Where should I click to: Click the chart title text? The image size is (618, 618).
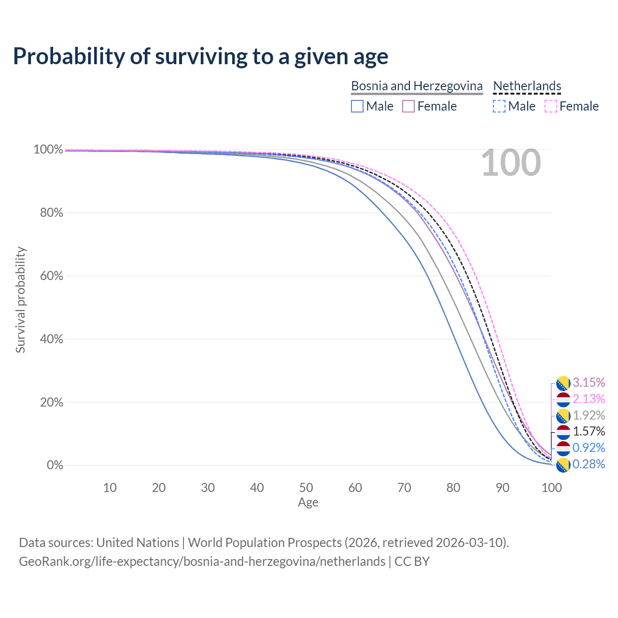click(x=200, y=56)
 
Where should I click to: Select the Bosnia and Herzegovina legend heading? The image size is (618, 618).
click(x=417, y=86)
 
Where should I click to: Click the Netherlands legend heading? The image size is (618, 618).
click(x=527, y=86)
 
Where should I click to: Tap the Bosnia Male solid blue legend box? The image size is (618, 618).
click(x=357, y=106)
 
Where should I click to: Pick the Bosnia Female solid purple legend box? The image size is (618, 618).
click(x=408, y=106)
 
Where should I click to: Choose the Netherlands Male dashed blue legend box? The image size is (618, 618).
click(x=499, y=106)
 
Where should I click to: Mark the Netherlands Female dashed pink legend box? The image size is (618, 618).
click(x=550, y=106)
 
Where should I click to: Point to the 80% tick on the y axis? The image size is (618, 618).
click(x=51, y=213)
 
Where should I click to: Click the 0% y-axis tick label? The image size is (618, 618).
click(x=55, y=465)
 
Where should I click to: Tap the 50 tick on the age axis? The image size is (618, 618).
click(x=306, y=488)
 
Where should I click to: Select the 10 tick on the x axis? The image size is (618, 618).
click(x=110, y=488)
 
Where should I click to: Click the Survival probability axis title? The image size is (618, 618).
click(x=20, y=300)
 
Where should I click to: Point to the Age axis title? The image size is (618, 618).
click(x=308, y=503)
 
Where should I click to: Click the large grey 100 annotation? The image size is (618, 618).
click(x=511, y=163)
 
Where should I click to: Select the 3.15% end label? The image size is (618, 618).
click(x=589, y=382)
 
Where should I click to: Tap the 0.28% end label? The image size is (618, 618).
click(x=589, y=464)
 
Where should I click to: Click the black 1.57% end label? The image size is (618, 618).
click(x=589, y=431)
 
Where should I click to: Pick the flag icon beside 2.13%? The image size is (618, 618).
click(x=563, y=399)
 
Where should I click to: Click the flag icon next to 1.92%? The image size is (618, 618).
click(x=563, y=416)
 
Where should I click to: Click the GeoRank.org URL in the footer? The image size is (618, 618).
click(x=202, y=562)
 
